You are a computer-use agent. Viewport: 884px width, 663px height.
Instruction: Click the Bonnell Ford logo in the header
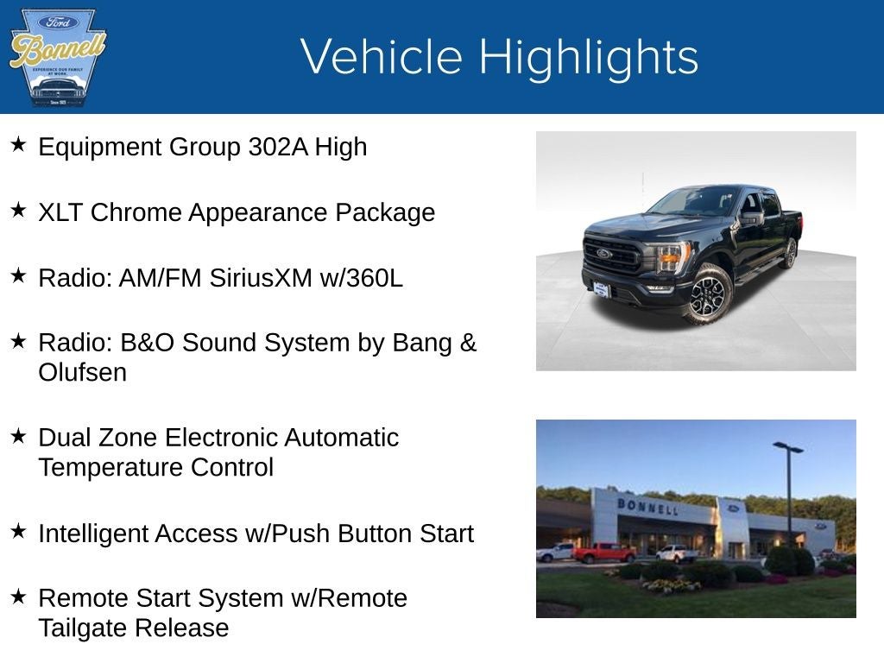click(x=57, y=57)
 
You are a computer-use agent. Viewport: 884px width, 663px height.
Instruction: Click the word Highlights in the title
click(x=588, y=58)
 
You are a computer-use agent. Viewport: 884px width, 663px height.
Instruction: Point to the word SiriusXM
click(x=259, y=278)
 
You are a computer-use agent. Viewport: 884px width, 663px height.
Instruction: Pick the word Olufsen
click(x=82, y=373)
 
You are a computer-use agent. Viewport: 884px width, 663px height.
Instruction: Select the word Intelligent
click(x=93, y=534)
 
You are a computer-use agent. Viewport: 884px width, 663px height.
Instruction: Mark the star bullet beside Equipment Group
click(x=18, y=144)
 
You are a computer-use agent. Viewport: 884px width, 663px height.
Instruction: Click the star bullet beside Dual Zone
click(x=18, y=435)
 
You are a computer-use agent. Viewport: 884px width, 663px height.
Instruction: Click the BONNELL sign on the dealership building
click(x=647, y=506)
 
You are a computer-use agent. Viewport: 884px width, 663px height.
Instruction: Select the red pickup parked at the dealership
click(x=603, y=552)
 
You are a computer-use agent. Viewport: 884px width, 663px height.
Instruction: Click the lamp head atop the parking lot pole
click(x=787, y=447)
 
